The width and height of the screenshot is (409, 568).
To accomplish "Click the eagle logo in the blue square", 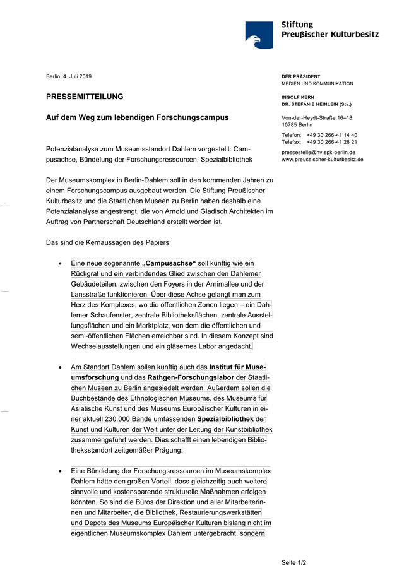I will (x=259, y=35).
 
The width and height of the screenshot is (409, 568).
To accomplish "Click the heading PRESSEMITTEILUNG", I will (x=85, y=97).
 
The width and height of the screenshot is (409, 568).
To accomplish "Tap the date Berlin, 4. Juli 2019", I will (x=69, y=76).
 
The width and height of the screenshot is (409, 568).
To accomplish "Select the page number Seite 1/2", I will (x=294, y=562).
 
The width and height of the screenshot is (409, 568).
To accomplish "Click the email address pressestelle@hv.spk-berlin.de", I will (x=318, y=152).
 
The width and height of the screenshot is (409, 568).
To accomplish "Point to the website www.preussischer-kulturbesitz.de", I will (x=322, y=160).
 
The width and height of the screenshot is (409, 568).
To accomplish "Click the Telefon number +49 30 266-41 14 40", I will (x=332, y=135).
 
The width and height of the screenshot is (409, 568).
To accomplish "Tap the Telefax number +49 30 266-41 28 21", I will (x=332, y=142).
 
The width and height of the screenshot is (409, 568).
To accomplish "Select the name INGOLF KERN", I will (x=298, y=97).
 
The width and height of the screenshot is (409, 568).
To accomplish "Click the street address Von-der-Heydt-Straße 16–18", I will (x=316, y=118).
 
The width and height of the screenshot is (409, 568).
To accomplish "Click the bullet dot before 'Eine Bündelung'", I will (x=60, y=471).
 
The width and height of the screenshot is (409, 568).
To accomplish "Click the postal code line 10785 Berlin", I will (x=297, y=125).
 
